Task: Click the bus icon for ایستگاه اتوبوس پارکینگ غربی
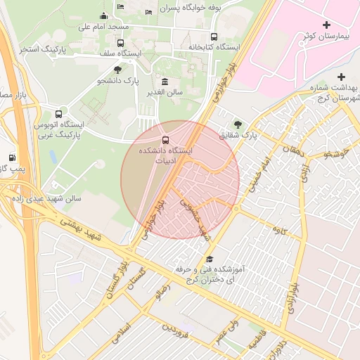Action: (x=58, y=113)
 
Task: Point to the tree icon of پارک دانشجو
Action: (x=117, y=70)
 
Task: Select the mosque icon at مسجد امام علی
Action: (x=104, y=16)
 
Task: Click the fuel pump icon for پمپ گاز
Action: (x=12, y=157)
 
